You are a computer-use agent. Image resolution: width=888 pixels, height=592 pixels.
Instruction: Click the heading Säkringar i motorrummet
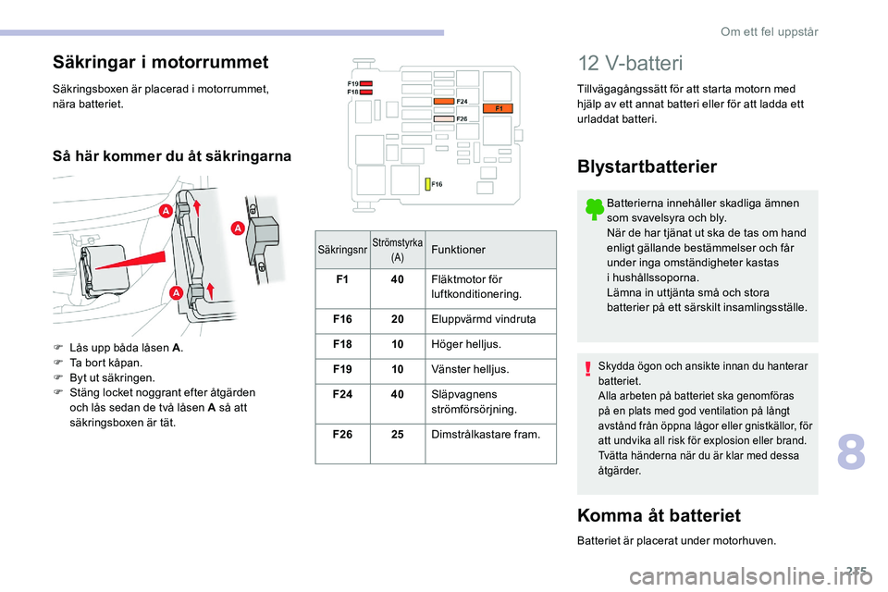(160, 62)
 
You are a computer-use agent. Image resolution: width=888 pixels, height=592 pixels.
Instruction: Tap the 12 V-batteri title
(629, 64)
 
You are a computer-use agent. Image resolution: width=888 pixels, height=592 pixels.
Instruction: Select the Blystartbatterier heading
(647, 166)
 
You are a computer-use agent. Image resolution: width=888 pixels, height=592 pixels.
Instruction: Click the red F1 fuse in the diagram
(498, 109)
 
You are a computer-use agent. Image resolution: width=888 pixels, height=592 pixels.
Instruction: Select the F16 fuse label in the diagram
(436, 185)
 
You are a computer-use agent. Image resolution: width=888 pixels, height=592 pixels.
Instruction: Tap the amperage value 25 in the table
(397, 433)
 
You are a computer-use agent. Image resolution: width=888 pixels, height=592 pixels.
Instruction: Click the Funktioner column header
(458, 251)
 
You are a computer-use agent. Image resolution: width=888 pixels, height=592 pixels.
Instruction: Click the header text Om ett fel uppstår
(769, 31)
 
